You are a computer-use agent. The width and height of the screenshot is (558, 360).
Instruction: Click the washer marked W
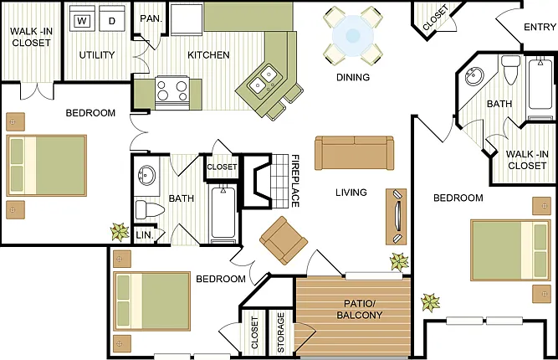[x=82, y=18]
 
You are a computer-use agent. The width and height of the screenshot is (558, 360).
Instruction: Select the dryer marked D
[x=112, y=18]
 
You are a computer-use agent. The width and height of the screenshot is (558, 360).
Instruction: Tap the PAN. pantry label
[x=151, y=18]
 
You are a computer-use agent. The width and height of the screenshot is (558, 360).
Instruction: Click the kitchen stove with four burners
[x=172, y=93]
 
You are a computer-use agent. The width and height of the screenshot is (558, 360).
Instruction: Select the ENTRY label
[x=540, y=27]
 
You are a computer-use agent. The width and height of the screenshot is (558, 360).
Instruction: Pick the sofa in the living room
[x=355, y=152]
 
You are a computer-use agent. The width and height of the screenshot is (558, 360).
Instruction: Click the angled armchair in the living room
[x=284, y=240]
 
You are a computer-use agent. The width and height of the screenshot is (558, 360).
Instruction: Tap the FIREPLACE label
[x=295, y=181]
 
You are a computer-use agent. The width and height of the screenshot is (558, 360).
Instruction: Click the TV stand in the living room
[x=397, y=217]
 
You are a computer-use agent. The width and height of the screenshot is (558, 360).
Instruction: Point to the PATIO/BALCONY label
[x=360, y=309]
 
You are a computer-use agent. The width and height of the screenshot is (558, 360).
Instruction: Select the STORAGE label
[x=281, y=332]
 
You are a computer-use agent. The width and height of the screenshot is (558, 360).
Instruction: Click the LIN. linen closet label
[x=145, y=235]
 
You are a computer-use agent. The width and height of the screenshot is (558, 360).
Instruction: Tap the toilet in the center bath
[x=150, y=210]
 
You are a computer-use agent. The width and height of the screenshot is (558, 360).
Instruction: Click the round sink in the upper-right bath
[x=474, y=75]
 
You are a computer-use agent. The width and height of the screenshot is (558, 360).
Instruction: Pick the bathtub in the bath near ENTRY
[x=540, y=85]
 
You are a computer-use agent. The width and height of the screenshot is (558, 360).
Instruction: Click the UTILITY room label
[x=97, y=54]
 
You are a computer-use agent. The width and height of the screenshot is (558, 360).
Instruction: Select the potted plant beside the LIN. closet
[x=120, y=232]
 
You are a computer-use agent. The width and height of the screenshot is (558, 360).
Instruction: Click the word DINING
[x=353, y=77]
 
